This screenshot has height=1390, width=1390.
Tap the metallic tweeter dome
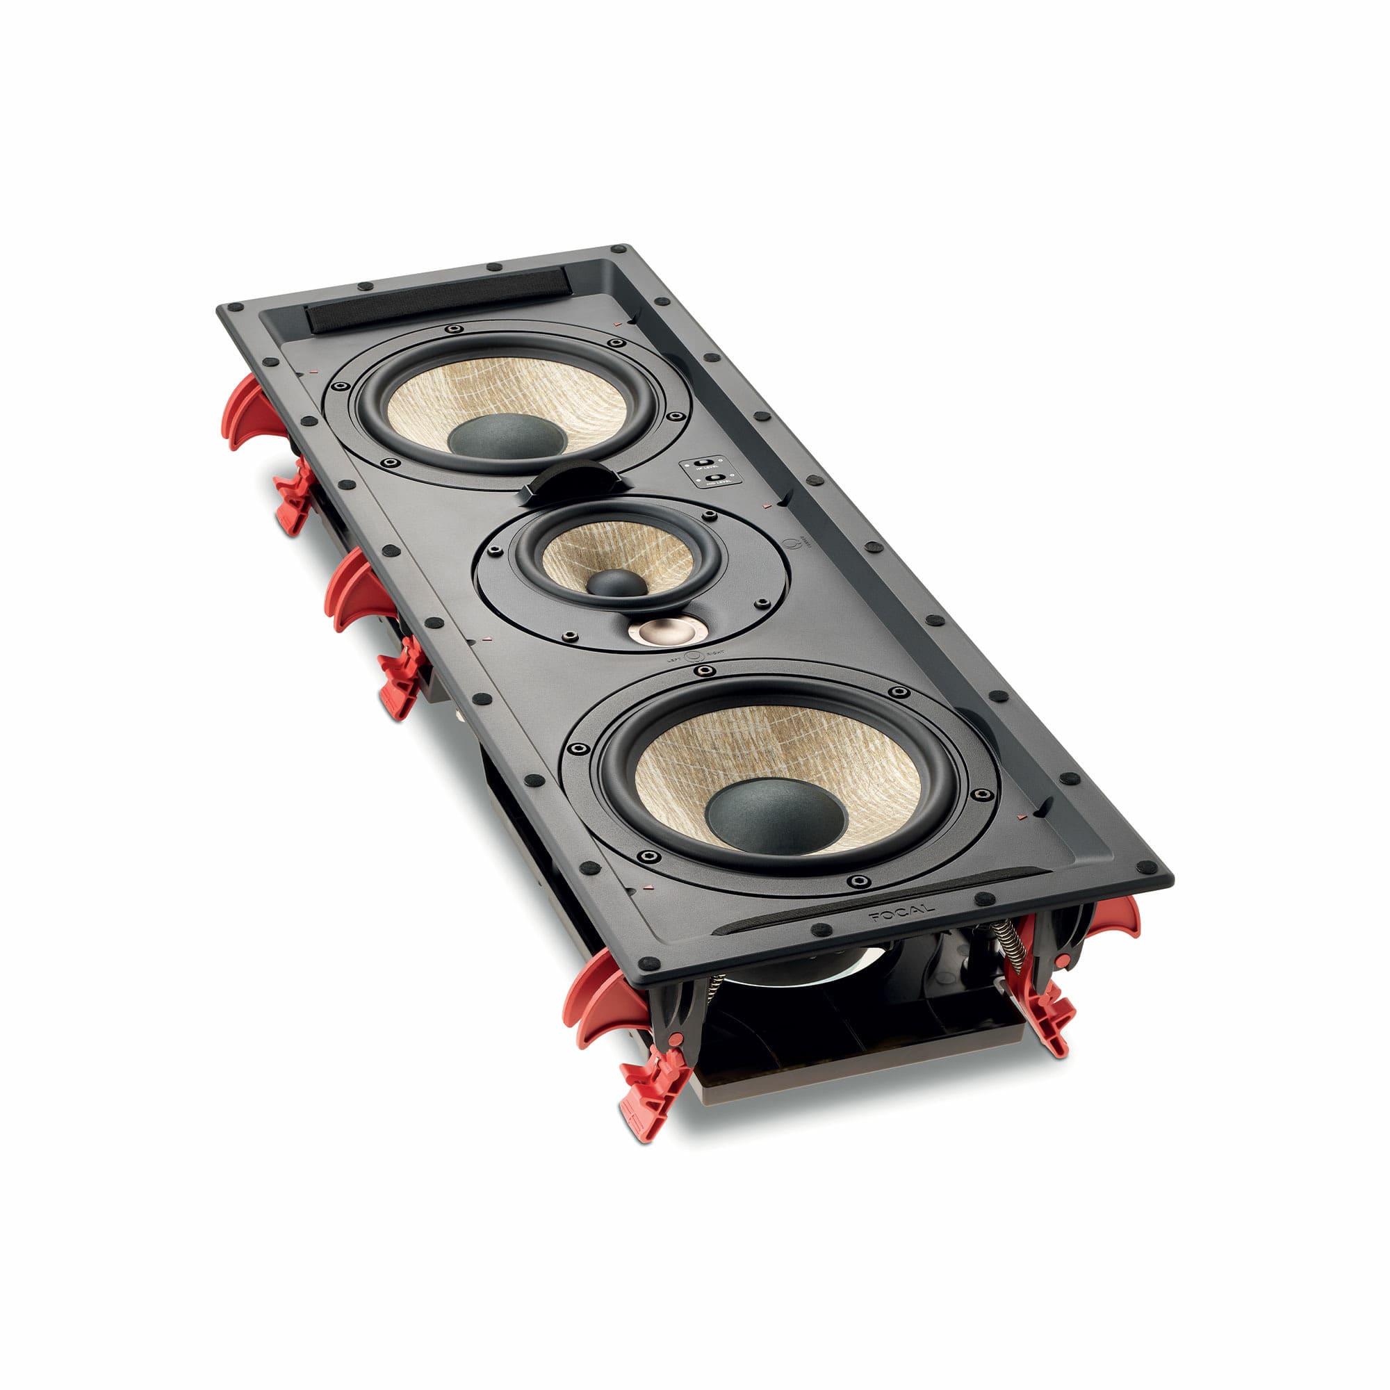(x=667, y=630)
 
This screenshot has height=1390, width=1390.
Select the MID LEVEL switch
(x=713, y=478)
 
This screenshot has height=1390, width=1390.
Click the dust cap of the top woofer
(x=507, y=436)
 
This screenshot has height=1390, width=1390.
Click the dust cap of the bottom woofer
(x=776, y=815)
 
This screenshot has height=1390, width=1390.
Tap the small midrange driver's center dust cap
(x=616, y=582)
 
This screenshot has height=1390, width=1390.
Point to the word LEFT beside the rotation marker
(x=674, y=657)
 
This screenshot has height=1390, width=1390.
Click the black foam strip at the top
(x=439, y=299)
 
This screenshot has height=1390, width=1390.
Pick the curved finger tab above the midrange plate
(x=570, y=479)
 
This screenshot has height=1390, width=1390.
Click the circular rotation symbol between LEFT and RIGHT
(x=694, y=655)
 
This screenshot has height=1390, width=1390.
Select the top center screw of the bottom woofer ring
(x=704, y=670)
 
